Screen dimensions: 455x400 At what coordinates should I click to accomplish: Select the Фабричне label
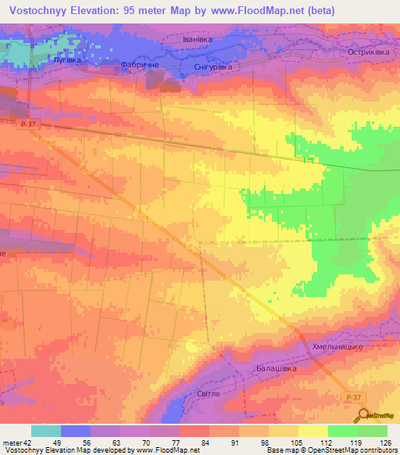[x=141, y=65]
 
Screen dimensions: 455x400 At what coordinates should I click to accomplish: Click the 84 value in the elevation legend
[x=205, y=444]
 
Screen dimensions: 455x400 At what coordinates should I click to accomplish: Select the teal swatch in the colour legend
[x=45, y=431]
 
